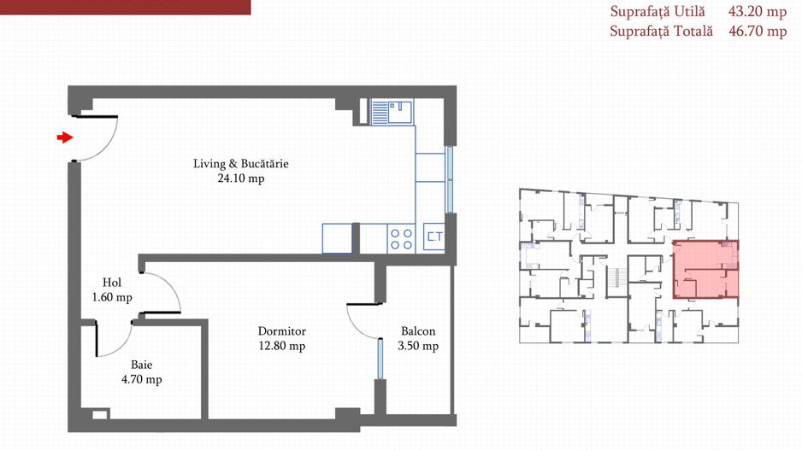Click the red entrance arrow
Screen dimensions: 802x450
coord(65,137)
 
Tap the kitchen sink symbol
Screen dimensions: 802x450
coord(392,113)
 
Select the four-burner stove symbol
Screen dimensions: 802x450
coord(401,238)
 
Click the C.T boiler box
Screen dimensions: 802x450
coord(434,237)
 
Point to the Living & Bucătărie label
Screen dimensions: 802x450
coord(241,163)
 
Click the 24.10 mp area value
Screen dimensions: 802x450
coord(241,178)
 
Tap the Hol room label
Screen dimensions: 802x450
coord(112,283)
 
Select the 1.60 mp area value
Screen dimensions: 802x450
coord(112,297)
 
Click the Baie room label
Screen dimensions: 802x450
coord(142,365)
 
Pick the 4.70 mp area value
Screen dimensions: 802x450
coord(142,379)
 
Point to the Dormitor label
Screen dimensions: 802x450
coord(282,331)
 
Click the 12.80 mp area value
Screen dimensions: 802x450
coord(282,346)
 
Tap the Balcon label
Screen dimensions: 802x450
coord(418,331)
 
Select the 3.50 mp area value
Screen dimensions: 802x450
coord(418,346)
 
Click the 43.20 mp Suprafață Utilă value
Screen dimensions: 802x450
coord(758,12)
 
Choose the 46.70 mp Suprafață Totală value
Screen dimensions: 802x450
coord(758,31)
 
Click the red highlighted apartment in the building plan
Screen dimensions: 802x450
coord(706,269)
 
